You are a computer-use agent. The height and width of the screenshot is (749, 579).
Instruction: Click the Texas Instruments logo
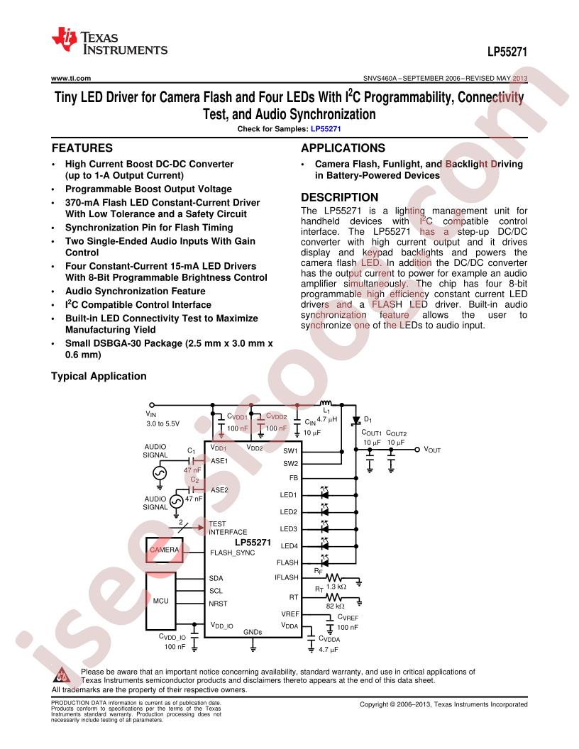tap(109, 41)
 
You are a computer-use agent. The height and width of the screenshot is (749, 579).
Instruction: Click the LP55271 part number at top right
tap(507, 52)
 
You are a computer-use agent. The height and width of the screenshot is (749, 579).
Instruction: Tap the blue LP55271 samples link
tap(326, 129)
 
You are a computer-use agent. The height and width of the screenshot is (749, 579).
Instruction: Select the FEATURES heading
tap(82, 148)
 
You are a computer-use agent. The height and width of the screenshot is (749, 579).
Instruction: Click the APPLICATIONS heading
tap(343, 148)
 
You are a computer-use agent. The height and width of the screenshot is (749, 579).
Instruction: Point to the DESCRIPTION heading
tap(340, 197)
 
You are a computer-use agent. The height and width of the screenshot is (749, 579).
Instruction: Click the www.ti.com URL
tap(71, 78)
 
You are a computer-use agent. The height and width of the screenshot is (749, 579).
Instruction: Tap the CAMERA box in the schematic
tap(165, 550)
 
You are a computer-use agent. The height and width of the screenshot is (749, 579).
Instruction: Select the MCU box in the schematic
tap(161, 601)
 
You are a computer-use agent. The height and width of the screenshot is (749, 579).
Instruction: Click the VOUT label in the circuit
tap(432, 450)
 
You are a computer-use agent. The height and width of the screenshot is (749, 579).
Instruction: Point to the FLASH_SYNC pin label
tap(233, 553)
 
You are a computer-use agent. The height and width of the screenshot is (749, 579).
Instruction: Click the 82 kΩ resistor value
tap(336, 606)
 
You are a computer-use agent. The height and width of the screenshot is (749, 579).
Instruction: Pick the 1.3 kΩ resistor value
tap(336, 587)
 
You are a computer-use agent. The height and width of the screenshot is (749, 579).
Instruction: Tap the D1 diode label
tap(368, 420)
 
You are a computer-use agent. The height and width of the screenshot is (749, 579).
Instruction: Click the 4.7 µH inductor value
tap(327, 419)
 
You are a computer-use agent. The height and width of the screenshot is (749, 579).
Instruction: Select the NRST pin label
tap(218, 604)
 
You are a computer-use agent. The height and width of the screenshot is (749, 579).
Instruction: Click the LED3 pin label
tap(289, 529)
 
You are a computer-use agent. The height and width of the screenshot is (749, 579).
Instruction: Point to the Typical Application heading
tap(99, 377)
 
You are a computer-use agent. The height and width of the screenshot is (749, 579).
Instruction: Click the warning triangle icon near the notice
tap(61, 675)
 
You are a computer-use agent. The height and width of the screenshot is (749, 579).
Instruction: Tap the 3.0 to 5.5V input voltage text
tap(163, 423)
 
